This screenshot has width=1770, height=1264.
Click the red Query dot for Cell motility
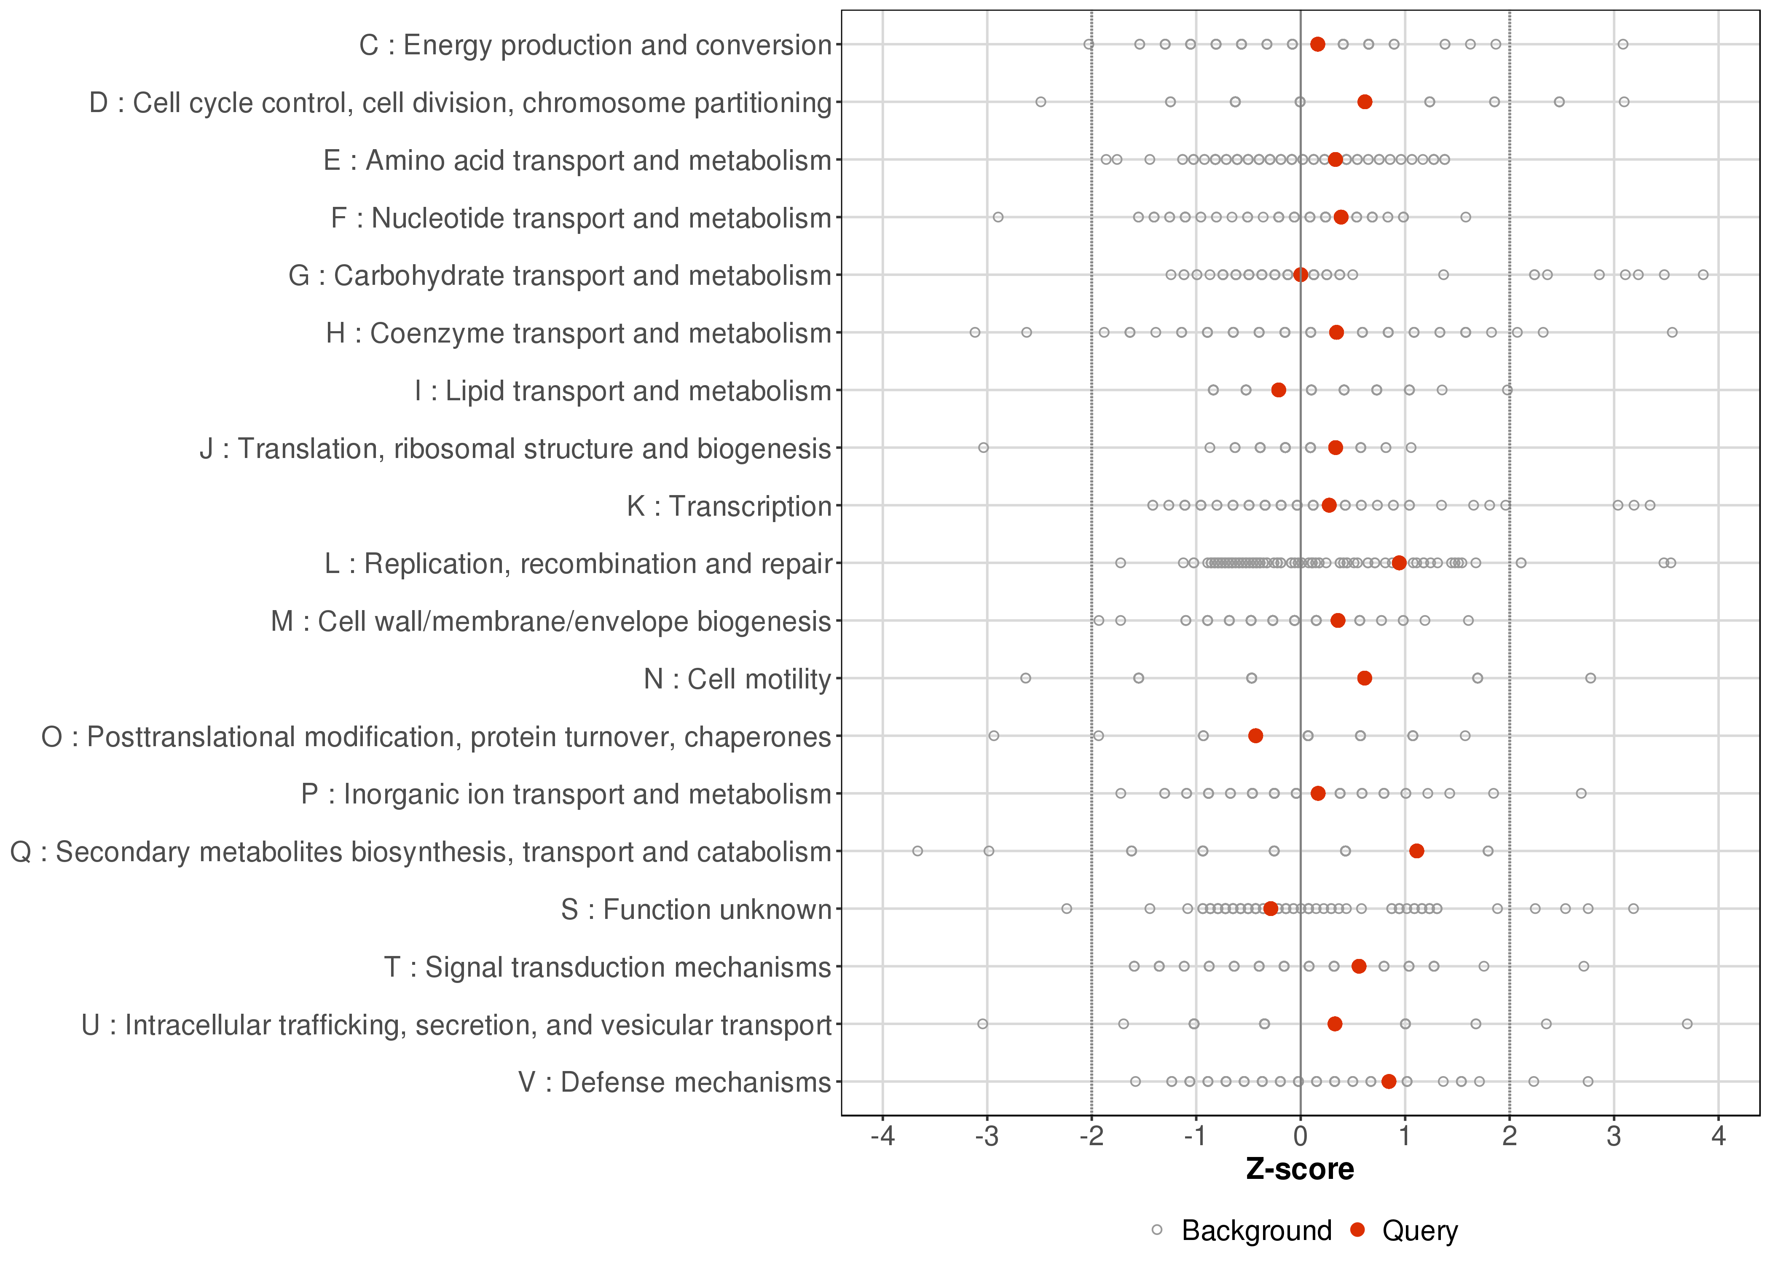[1365, 678]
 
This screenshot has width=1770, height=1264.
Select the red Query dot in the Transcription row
[1329, 505]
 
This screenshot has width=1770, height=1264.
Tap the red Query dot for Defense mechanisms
[1389, 1081]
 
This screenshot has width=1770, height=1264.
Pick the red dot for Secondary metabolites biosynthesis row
[1416, 851]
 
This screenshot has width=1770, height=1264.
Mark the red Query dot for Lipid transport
[1278, 390]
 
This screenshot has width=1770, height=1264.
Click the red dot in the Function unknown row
[1270, 908]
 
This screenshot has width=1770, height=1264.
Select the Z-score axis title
[1300, 1170]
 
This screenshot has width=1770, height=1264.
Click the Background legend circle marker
[1157, 1231]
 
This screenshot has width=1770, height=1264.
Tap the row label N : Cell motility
[737, 679]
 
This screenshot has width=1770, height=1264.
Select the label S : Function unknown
[696, 909]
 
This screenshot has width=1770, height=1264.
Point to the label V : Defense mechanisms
[675, 1082]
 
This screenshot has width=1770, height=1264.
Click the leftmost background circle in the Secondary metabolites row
[918, 851]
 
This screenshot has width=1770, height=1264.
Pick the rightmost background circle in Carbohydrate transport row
[1703, 275]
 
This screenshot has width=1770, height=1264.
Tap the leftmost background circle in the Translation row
[983, 447]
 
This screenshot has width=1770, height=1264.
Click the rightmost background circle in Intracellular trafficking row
[1687, 1023]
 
